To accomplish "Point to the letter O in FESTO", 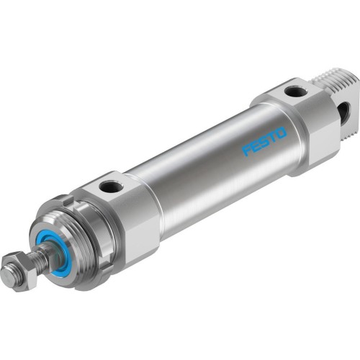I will [282, 132].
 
